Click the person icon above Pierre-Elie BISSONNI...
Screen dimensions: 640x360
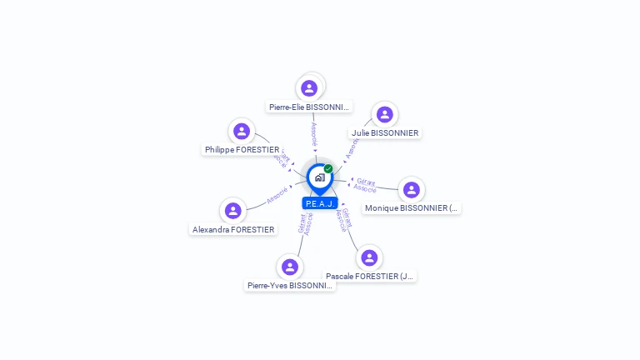[309, 87]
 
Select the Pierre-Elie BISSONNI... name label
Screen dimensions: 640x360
[310, 107]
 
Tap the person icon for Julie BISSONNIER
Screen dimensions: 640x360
[384, 114]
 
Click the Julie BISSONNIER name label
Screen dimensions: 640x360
[385, 132]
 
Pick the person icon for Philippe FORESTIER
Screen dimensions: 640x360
[242, 131]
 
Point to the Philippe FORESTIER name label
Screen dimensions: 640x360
[242, 149]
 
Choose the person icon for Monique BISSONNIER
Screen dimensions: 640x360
[411, 190]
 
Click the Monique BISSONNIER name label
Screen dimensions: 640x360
[412, 208]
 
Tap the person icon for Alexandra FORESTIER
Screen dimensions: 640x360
[233, 211]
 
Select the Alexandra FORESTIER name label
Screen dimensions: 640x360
[233, 229]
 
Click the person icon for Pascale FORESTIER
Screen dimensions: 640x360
[369, 257]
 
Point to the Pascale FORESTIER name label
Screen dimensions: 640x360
[370, 276]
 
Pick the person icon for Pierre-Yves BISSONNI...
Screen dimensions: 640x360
[290, 267]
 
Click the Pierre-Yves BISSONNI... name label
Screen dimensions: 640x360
[290, 285]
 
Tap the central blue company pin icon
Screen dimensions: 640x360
[319, 177]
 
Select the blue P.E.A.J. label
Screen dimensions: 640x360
[320, 203]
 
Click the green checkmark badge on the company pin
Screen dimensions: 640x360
[328, 168]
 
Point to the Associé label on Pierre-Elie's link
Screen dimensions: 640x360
[313, 133]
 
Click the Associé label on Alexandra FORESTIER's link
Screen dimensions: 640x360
[277, 196]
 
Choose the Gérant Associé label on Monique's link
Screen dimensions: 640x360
[365, 185]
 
